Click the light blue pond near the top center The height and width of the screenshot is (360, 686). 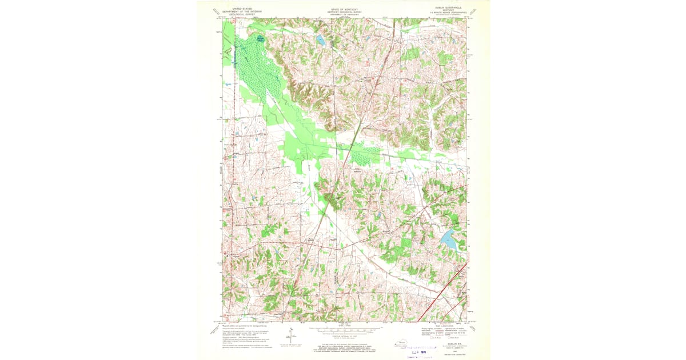(321, 41)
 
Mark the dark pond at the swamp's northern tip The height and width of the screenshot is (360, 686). (261, 39)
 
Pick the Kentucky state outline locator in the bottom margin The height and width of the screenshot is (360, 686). (404, 342)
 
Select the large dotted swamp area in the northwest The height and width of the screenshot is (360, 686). (257, 69)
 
